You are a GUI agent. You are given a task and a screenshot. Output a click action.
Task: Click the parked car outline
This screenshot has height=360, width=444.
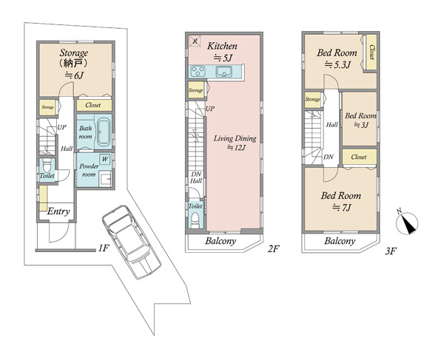[x=132, y=242]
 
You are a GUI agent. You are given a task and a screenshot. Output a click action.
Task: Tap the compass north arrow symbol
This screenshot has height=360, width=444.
[x=407, y=223]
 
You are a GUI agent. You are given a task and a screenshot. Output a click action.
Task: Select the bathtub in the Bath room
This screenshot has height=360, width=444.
[x=104, y=132]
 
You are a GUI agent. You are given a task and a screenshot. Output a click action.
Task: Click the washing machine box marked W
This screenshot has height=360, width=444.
[x=105, y=159]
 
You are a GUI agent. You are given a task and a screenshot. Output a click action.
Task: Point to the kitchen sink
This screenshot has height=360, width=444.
[x=224, y=71]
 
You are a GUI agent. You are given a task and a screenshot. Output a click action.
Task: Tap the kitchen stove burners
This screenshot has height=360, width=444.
[x=198, y=71]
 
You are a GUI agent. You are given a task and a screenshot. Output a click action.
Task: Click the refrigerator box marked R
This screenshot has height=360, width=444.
[x=195, y=41]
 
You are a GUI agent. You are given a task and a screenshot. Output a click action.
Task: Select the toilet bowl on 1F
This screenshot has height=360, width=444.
[x=47, y=165]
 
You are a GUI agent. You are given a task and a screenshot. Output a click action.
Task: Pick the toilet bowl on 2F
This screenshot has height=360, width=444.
[x=195, y=220]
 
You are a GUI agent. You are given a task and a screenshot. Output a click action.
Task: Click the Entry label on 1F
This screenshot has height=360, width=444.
[x=58, y=211]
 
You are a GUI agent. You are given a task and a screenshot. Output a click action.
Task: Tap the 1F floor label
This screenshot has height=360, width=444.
[x=104, y=248]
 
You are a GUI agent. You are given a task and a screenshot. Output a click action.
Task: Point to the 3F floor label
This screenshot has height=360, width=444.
[x=391, y=251]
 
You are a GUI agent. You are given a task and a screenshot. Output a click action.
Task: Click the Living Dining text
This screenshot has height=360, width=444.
[x=235, y=138]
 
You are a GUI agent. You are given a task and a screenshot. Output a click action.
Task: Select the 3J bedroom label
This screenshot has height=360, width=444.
[x=361, y=125]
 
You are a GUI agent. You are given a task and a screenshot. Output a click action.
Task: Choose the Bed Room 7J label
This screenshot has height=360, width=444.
[x=341, y=202]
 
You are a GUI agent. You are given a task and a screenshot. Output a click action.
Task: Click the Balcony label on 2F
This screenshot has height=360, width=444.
[x=221, y=241]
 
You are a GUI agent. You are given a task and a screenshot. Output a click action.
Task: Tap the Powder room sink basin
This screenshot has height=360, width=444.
[x=105, y=179]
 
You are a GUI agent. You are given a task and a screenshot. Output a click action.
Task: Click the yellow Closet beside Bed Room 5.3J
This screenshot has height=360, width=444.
[x=371, y=52]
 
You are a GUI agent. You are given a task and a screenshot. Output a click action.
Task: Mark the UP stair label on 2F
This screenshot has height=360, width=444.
[x=210, y=109]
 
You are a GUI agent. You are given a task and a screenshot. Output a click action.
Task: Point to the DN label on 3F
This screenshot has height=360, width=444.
[x=329, y=157]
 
